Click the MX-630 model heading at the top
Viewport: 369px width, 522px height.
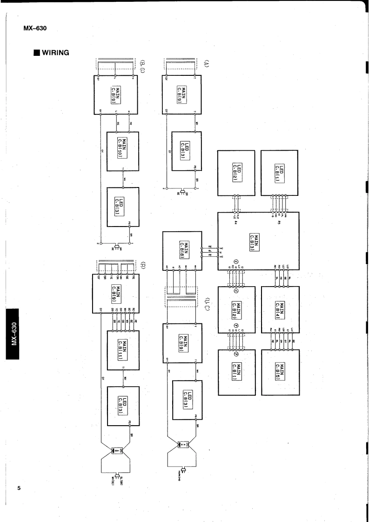pyautogui.click(x=35, y=28)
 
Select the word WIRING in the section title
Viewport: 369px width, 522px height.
pyautogui.click(x=56, y=52)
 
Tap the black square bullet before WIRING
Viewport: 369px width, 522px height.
pyautogui.click(x=36, y=52)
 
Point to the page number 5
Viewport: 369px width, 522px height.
pyautogui.click(x=19, y=488)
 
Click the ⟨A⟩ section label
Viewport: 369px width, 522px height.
pyautogui.click(x=206, y=63)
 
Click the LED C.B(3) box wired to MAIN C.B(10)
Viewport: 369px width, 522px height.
pyautogui.click(x=123, y=207)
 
